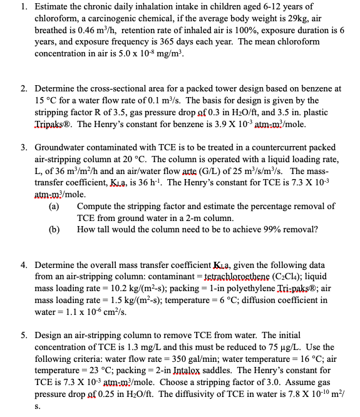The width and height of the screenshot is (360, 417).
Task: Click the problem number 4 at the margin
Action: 24,265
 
